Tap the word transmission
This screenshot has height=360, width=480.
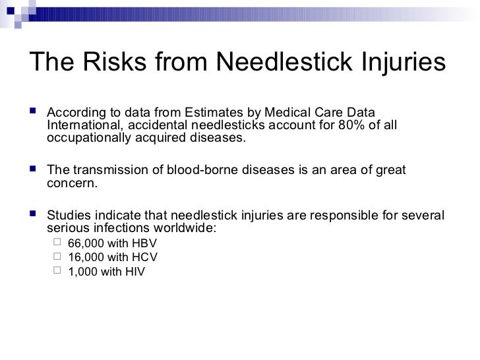point(105,171)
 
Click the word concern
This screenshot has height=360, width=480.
point(73,184)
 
